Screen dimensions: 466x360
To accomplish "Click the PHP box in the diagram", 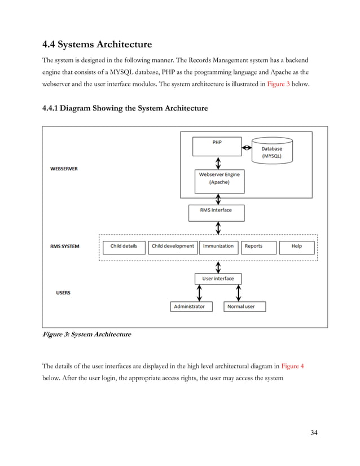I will point(217,146).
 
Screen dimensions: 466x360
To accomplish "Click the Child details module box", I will point(124,247).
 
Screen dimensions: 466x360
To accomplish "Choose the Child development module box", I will point(173,247).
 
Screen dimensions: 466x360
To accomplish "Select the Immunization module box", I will point(218,247).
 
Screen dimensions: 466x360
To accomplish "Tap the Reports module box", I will point(260,247).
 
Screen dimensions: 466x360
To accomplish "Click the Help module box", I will point(297,247).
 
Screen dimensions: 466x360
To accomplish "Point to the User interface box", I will point(218,279).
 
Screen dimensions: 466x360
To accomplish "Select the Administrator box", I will point(189,307).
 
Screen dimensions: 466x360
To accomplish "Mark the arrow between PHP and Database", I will point(247,148).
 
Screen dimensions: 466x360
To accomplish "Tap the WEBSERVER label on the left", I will point(64,168).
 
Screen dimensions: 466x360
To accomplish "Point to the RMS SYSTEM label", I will point(65,247).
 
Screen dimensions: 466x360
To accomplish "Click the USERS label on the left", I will point(63,293).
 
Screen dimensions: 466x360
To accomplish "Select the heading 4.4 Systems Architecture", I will point(98,43).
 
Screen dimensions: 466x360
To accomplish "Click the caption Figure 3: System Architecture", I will point(87,335).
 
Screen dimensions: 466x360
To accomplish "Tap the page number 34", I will point(314,433).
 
